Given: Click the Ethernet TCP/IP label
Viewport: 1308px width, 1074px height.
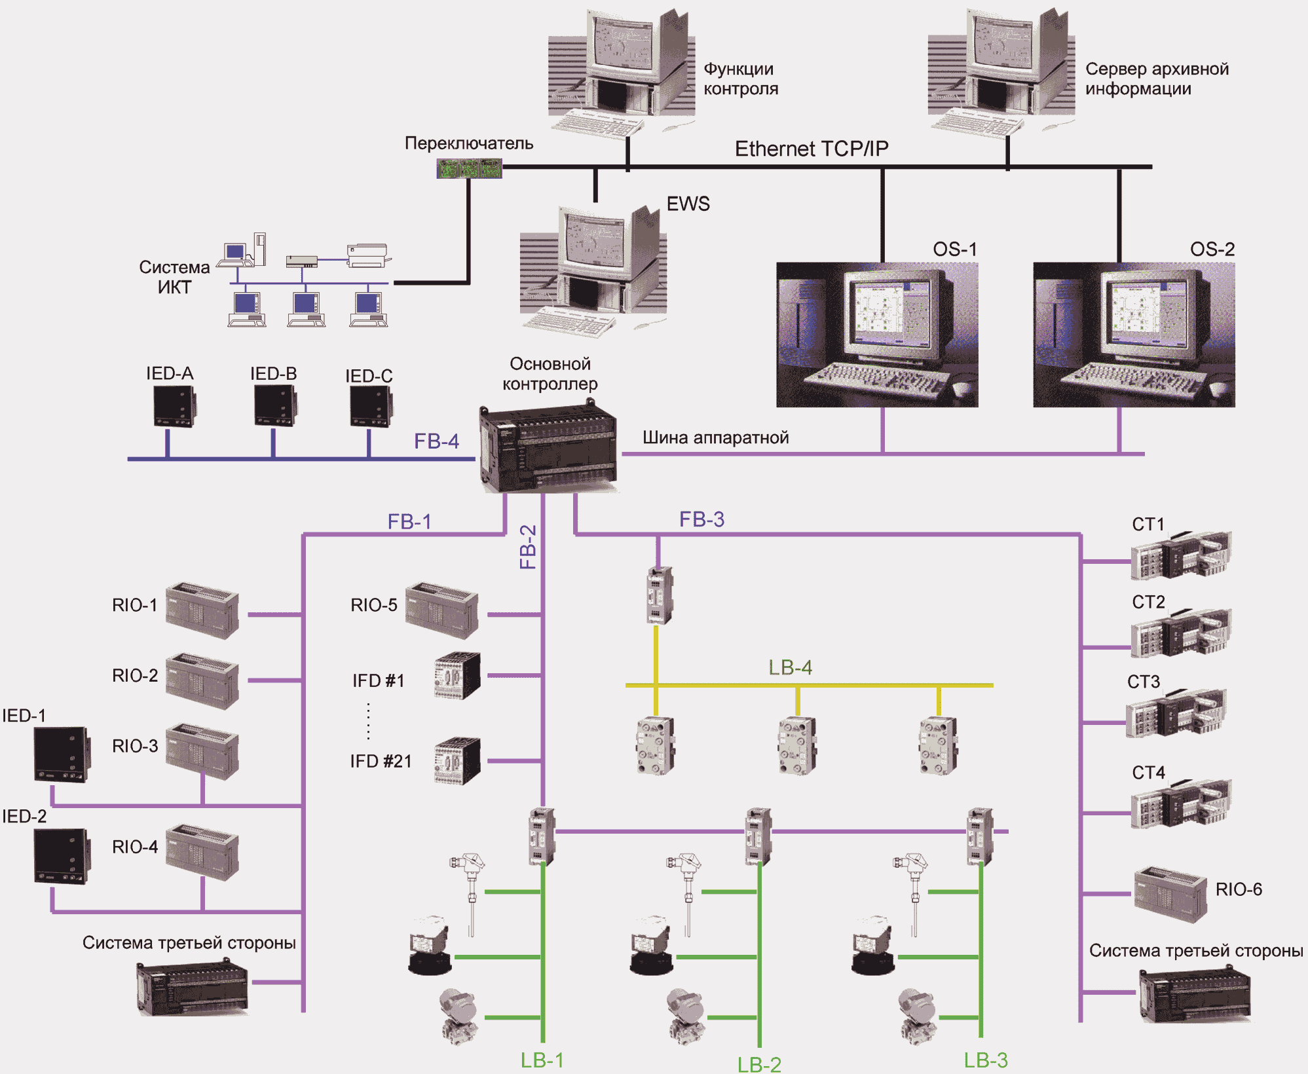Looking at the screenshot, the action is point(812,149).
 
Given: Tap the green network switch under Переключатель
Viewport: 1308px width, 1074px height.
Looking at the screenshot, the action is point(469,168).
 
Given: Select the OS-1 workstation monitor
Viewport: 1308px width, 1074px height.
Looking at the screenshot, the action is point(877,335).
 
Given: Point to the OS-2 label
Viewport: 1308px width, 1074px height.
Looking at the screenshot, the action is point(1212,249).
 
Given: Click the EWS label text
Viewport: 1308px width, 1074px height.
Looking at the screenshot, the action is point(688,204).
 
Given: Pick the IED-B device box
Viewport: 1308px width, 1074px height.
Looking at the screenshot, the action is point(274,405).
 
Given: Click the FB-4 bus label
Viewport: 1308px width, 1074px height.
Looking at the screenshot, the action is point(436,441).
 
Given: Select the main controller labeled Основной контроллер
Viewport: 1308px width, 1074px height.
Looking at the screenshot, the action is point(548,449).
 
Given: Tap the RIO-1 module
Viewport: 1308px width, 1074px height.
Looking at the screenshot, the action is point(202,610).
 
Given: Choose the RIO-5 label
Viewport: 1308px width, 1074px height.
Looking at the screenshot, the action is point(374,604).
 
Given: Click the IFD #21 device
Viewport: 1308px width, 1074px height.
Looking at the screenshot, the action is point(457,761).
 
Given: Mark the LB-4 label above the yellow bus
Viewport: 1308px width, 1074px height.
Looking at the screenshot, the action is point(790,667).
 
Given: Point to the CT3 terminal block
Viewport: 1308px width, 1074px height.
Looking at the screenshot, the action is point(1176,714).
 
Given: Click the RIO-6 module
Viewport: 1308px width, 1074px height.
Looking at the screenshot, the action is point(1170,894).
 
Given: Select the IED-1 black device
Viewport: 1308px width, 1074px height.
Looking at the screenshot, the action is point(62,754).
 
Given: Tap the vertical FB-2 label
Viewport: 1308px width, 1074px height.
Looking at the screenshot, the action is point(528,547).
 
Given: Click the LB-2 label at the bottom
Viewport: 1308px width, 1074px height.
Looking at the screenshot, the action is point(759,1064).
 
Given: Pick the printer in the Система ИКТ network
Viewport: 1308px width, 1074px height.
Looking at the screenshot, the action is point(369,255).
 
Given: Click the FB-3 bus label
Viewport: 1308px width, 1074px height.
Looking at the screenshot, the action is point(701,519).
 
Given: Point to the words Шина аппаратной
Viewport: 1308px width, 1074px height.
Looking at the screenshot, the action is point(715,437).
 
